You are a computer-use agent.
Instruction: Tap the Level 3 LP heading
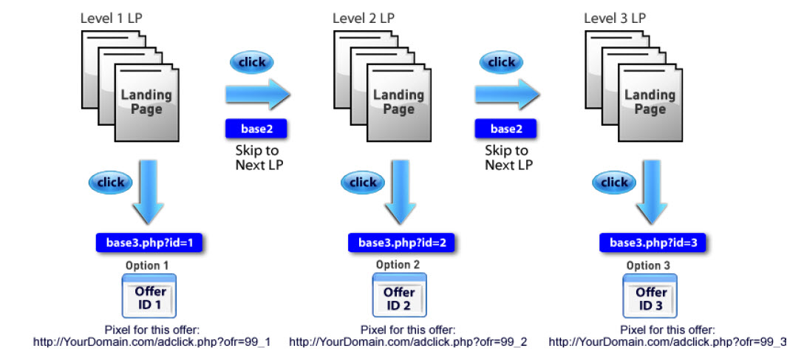(615, 18)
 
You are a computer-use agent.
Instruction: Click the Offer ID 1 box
(149, 296)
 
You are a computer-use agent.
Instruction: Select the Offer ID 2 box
(400, 296)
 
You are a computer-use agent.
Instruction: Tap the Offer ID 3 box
(651, 296)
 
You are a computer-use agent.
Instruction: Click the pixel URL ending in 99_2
(408, 342)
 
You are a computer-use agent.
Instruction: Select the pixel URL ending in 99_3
(667, 342)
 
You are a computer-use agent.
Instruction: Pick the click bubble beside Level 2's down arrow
(363, 182)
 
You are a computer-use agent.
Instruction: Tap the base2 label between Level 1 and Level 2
(256, 129)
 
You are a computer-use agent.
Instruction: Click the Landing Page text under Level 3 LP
(650, 102)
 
